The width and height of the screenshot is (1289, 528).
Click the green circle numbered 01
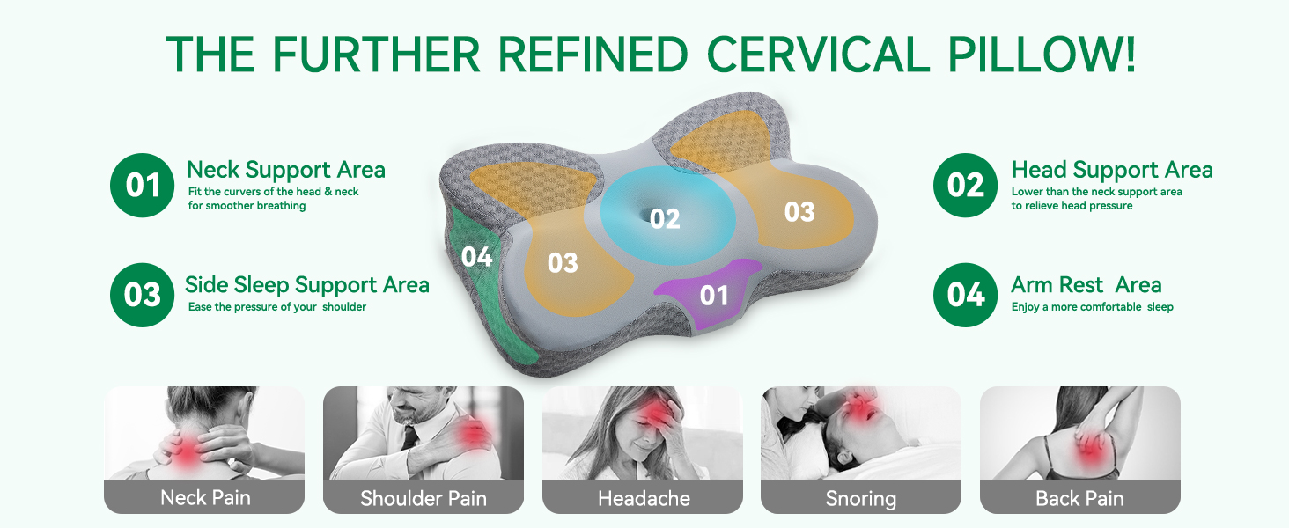coord(142,185)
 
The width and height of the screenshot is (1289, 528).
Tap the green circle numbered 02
coord(965,185)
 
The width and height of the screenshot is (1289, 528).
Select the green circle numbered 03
coord(142,295)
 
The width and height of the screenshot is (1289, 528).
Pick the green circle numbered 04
coord(965,295)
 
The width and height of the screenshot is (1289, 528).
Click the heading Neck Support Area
coord(286,170)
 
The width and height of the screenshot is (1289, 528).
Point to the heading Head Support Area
coord(1112,170)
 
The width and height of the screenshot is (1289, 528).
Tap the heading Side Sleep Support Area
coord(306,285)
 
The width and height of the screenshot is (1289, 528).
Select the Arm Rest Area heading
coord(1086,285)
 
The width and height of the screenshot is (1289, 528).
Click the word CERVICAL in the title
coord(818,54)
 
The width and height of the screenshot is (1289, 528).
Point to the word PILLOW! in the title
coord(1042,54)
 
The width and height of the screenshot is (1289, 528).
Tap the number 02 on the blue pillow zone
coord(665,219)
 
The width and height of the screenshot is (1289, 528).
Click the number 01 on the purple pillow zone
coord(713,296)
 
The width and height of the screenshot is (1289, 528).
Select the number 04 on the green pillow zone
coord(476,257)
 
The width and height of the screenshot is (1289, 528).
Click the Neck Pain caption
coord(205,497)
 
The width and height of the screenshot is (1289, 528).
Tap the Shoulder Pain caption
coord(424,498)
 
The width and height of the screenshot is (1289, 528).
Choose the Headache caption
coord(644,498)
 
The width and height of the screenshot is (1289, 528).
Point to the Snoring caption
coord(861,499)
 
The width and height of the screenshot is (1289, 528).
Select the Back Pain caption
coord(1079,498)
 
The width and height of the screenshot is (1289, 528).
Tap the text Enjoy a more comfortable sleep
coord(1092,307)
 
